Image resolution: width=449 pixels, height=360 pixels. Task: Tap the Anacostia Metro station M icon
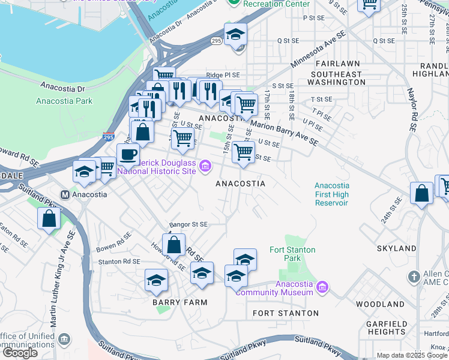pyautogui.click(x=65, y=194)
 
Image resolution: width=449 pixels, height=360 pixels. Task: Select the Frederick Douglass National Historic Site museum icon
pyautogui.click(x=205, y=165)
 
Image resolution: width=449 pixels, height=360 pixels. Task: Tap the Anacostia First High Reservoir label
pyautogui.click(x=331, y=194)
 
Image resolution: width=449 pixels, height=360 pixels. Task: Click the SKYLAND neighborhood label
pyautogui.click(x=396, y=248)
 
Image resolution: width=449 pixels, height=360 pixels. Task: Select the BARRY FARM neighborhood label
pyautogui.click(x=179, y=302)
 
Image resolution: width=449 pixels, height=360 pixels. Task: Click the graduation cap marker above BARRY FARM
pyautogui.click(x=156, y=280)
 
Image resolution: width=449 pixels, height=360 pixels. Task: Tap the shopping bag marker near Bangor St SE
pyautogui.click(x=173, y=245)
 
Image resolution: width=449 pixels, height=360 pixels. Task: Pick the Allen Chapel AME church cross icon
pyautogui.click(x=414, y=277)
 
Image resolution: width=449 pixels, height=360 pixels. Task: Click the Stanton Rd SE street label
pyautogui.click(x=119, y=262)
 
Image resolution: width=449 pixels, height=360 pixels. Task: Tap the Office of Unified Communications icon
pyautogui.click(x=64, y=340)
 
